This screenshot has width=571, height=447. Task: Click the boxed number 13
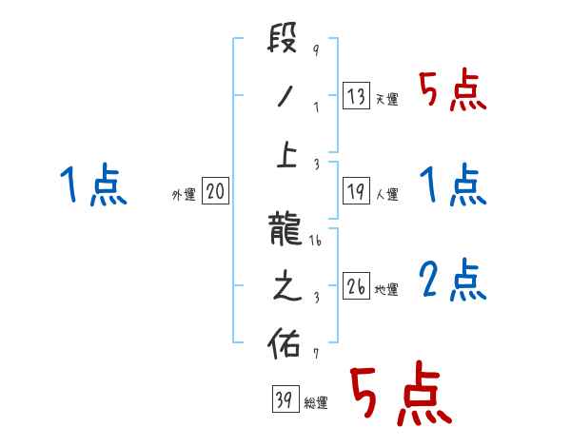click(355, 95)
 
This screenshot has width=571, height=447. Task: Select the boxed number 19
click(355, 191)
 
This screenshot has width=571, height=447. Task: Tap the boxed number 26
click(355, 286)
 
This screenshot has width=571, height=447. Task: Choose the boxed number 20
click(215, 191)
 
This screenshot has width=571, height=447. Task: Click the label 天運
click(387, 99)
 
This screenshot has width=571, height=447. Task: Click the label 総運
click(317, 403)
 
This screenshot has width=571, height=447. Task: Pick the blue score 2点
click(452, 280)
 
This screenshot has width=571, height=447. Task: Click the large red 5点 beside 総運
click(400, 395)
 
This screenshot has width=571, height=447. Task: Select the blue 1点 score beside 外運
click(92, 185)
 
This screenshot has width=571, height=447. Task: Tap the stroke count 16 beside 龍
click(317, 243)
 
